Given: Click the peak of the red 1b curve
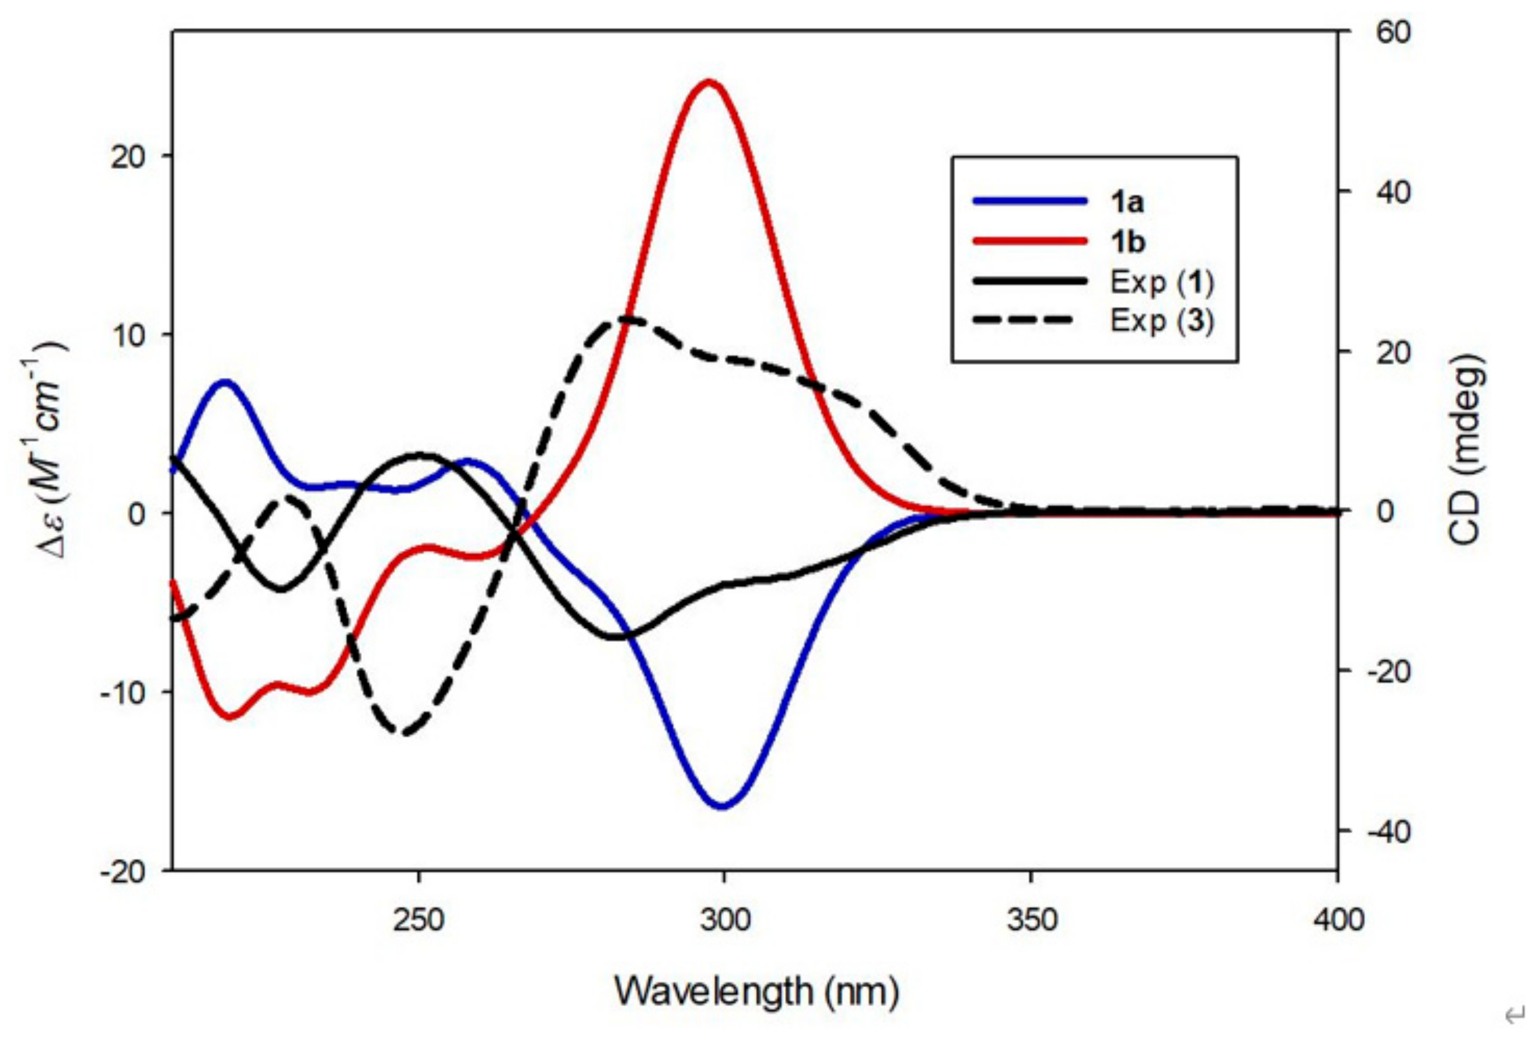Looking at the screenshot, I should tap(709, 82).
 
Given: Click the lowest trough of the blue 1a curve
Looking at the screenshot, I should tap(722, 806).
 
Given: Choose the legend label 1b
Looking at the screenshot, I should tap(1127, 242).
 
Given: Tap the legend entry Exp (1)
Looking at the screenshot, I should tap(1161, 283).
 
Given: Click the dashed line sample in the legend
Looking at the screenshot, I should tap(1030, 321).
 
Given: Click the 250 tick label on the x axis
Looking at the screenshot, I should tap(418, 920).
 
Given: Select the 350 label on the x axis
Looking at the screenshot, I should tap(1031, 920).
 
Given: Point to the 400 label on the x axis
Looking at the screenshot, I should tap(1338, 920).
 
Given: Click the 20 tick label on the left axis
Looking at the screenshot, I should tap(128, 158).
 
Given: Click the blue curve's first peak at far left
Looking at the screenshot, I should tap(225, 382).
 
